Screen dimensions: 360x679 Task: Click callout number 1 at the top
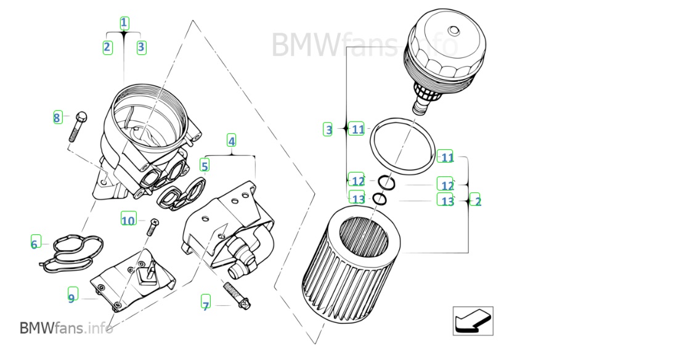coord(124,23)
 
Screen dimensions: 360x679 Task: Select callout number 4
coord(231,141)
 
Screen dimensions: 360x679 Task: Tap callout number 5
coord(205,165)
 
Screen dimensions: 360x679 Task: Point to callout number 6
coord(35,244)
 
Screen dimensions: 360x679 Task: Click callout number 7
coord(206,305)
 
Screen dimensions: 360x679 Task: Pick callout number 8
coord(57,118)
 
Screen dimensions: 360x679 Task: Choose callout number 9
coord(72,298)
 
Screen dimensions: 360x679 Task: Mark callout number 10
coord(128,220)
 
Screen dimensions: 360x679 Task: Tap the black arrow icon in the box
coord(473,321)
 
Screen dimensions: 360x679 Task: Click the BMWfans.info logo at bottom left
coord(66,328)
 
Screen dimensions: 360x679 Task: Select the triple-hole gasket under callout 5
coord(181,193)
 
